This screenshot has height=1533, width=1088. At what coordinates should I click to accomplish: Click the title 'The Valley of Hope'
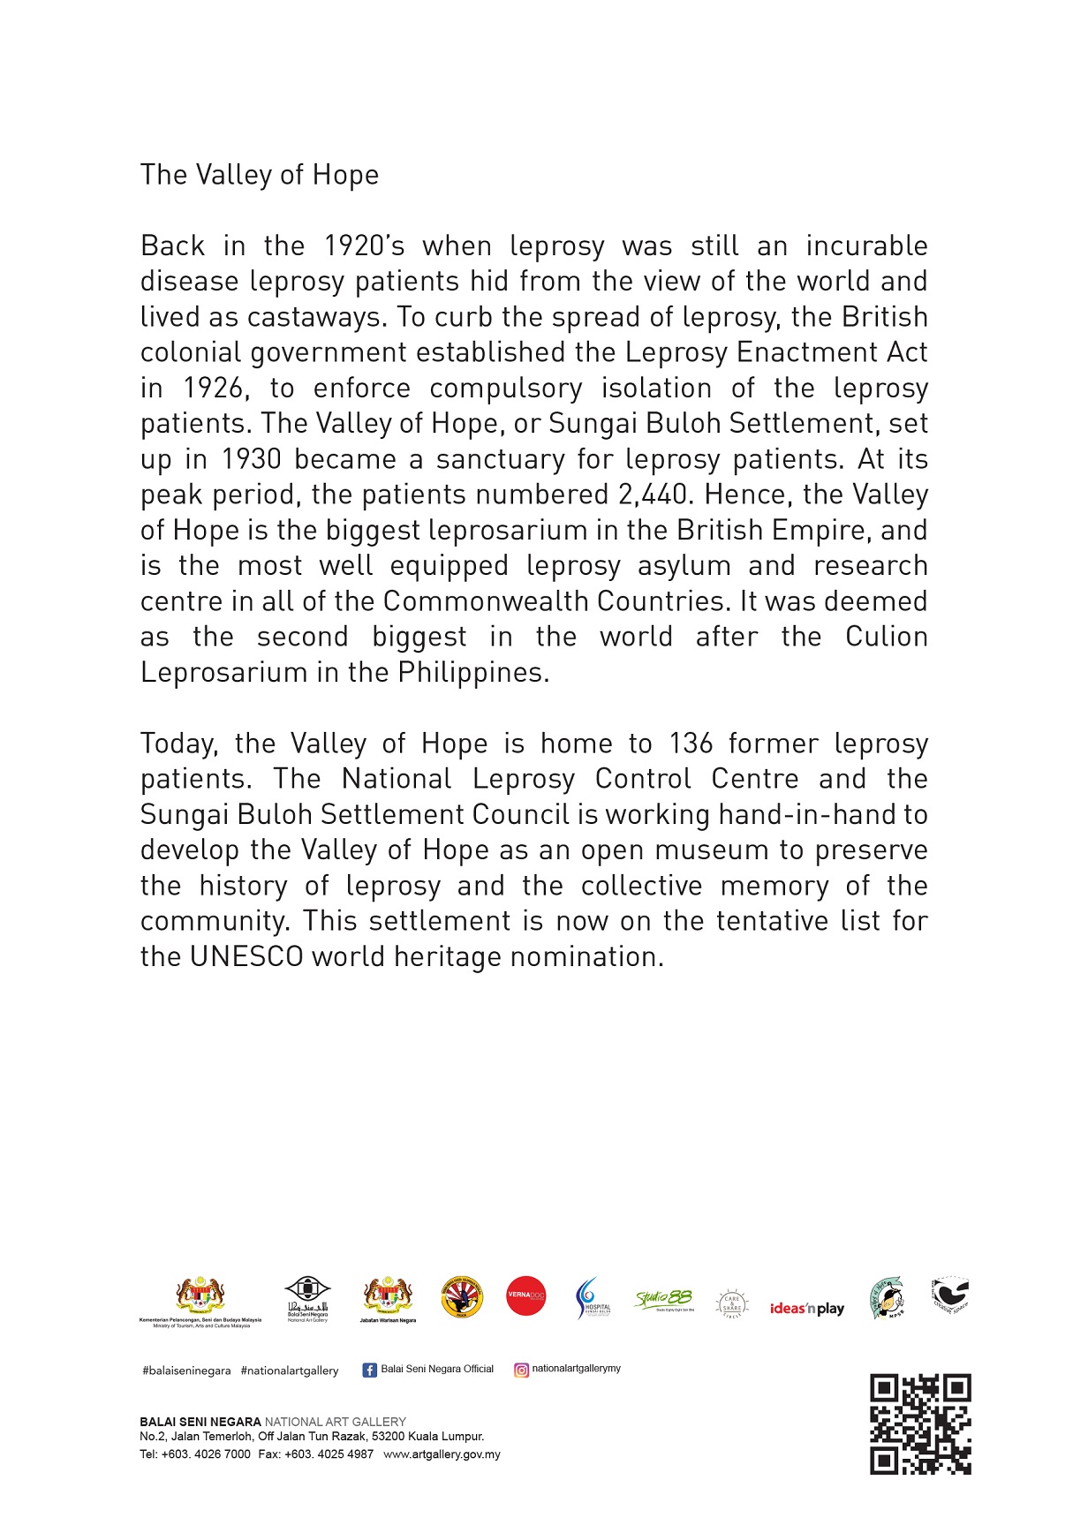click(260, 175)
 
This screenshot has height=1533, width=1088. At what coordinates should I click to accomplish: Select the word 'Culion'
click(886, 637)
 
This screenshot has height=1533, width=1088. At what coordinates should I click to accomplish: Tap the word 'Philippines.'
click(473, 673)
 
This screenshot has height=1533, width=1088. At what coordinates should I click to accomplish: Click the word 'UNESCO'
click(246, 957)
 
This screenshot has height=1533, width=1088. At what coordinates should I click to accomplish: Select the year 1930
click(251, 459)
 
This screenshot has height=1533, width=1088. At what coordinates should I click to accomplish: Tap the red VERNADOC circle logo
click(526, 1296)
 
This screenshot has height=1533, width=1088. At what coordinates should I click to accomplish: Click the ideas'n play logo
click(807, 1309)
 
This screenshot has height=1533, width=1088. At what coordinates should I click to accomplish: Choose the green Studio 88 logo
click(664, 1299)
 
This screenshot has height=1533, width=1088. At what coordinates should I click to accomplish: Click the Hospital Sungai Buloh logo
click(593, 1298)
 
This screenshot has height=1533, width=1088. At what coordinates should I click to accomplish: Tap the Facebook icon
click(370, 1370)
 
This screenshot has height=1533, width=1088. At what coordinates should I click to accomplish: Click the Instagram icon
click(522, 1370)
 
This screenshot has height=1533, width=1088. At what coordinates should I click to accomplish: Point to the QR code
click(920, 1423)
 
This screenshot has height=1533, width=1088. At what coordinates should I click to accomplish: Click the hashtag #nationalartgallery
click(290, 1371)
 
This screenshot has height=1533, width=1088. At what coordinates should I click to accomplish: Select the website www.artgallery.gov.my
click(442, 1454)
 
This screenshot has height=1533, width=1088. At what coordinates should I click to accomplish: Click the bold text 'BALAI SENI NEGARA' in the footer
click(200, 1422)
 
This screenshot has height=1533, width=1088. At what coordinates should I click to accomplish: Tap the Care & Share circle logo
click(732, 1303)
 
